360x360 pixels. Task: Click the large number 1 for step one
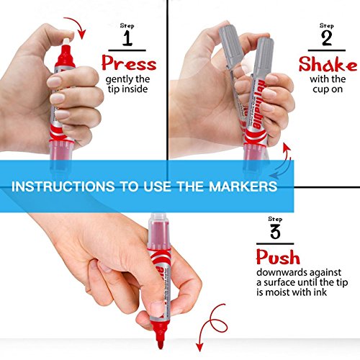[x=128, y=36]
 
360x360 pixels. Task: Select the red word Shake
[x=328, y=64]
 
